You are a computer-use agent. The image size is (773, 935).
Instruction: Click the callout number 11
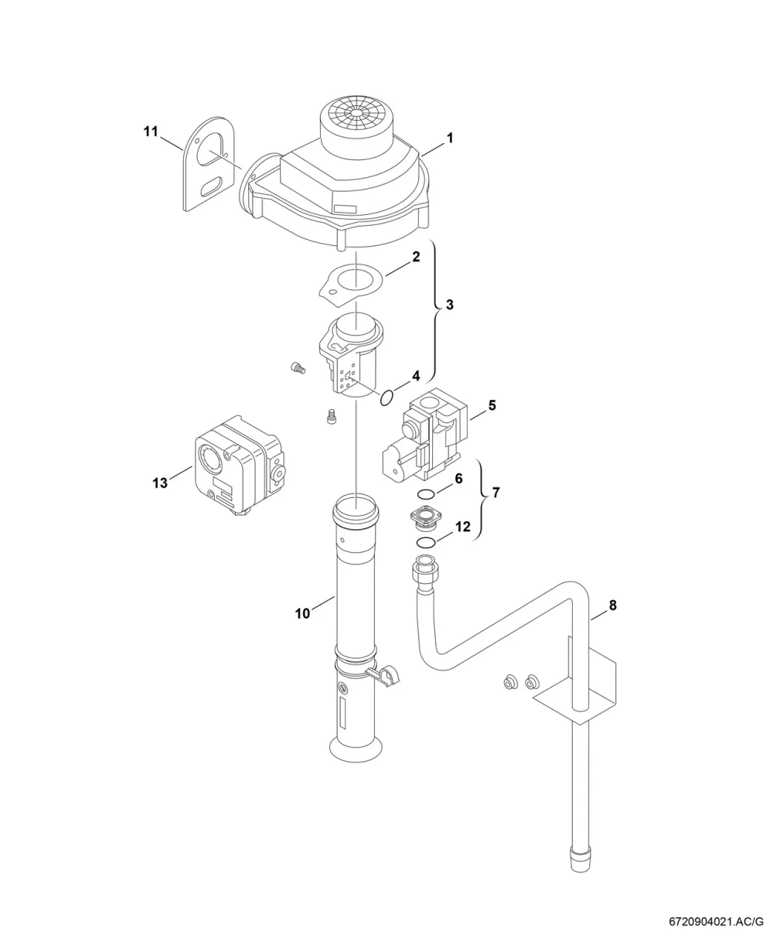click(x=151, y=131)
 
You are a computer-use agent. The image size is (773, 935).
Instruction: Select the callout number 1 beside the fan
click(x=450, y=138)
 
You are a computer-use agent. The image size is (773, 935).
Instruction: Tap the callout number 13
click(x=160, y=483)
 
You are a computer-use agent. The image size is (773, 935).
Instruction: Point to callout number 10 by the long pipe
click(x=302, y=613)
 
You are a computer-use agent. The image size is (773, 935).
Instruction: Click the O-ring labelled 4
click(x=386, y=398)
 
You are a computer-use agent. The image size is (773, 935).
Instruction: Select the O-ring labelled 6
click(x=426, y=494)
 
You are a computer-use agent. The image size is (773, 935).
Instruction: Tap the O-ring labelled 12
click(x=426, y=543)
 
